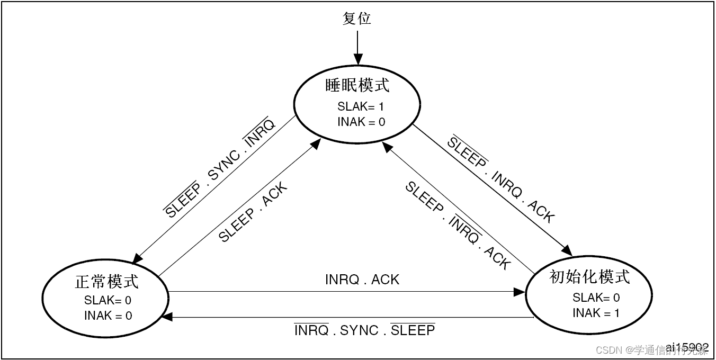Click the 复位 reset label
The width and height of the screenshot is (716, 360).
point(357,19)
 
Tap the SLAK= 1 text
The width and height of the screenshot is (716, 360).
point(361,106)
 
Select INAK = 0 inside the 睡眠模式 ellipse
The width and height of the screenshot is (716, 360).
point(361,122)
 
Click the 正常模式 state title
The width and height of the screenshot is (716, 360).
point(107,282)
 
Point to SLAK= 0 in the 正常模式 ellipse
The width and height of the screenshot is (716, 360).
point(108,300)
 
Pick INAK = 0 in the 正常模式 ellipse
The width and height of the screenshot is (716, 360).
point(108,316)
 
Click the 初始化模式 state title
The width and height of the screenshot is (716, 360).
point(590,276)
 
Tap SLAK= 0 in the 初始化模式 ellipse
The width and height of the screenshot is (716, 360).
point(596,297)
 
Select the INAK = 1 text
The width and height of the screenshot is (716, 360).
point(596,313)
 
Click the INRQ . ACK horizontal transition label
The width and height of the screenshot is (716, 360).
point(362,280)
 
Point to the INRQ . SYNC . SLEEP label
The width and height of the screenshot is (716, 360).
point(364,330)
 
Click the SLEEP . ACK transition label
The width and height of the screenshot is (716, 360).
point(253,212)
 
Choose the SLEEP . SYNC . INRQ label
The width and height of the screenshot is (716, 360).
point(220,167)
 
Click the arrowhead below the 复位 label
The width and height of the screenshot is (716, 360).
point(357,59)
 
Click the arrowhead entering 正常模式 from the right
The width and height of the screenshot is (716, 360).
point(167,317)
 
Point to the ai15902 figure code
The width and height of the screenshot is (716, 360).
point(687,347)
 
